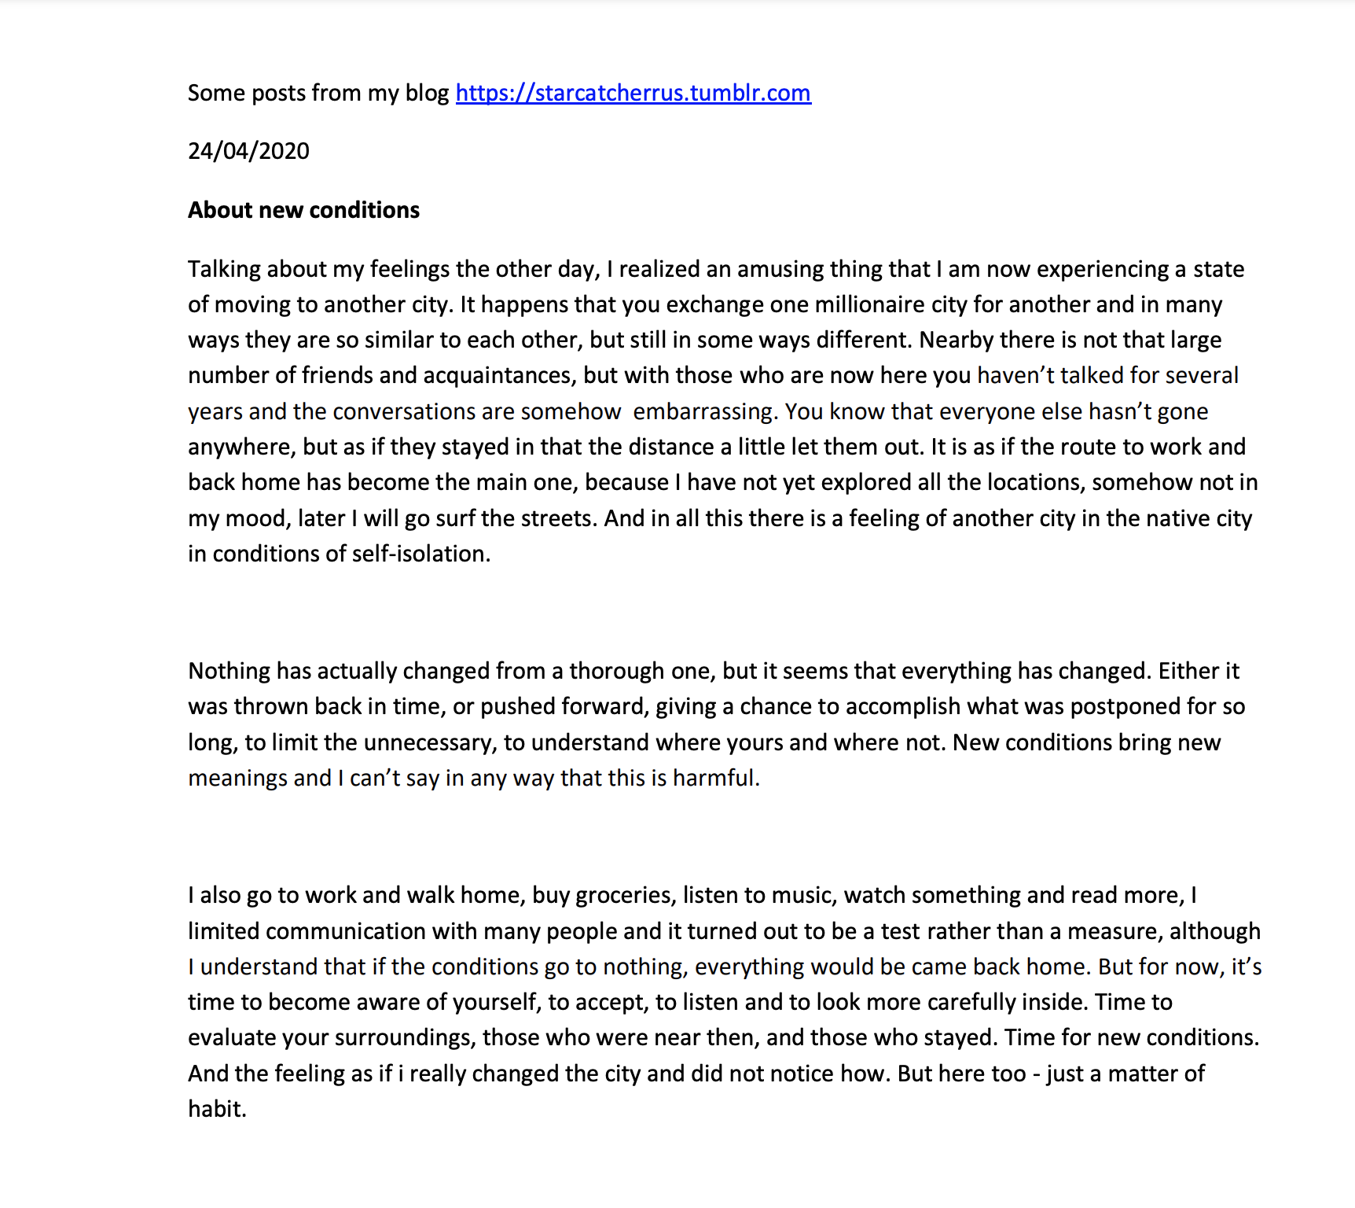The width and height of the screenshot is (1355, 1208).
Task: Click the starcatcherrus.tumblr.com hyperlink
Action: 633,93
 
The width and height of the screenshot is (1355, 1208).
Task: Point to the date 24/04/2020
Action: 248,151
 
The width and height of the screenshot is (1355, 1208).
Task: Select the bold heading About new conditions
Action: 303,210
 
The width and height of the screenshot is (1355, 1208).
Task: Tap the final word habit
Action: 216,1109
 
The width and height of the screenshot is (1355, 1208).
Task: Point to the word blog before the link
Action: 427,93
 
